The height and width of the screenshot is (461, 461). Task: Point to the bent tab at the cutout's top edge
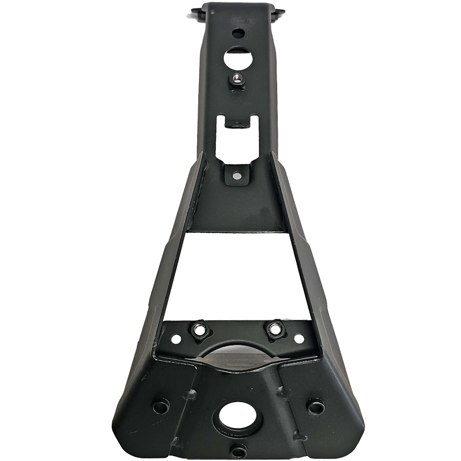[236, 122]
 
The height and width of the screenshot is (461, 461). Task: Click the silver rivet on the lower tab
[237, 175]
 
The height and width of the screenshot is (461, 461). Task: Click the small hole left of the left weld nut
[174, 339]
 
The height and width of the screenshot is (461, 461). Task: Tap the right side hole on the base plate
[314, 407]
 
